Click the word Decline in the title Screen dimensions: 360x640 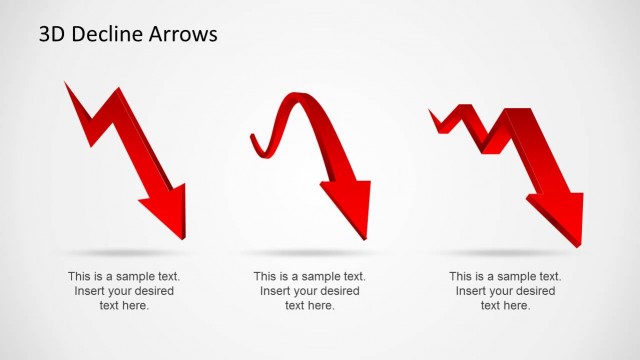click(x=103, y=35)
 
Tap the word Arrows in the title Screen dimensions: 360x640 click(x=183, y=35)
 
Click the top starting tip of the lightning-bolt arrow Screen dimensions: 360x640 click(x=68, y=87)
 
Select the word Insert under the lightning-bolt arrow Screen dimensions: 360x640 click(x=90, y=291)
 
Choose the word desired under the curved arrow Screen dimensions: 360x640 click(x=339, y=291)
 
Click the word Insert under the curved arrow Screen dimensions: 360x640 click(x=276, y=291)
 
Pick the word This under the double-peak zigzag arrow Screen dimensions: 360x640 click(x=462, y=276)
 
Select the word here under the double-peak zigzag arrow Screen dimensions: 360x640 click(x=517, y=305)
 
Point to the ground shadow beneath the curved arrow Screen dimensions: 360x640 click(x=310, y=250)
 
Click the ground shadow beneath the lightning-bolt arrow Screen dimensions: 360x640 click(x=125, y=250)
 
